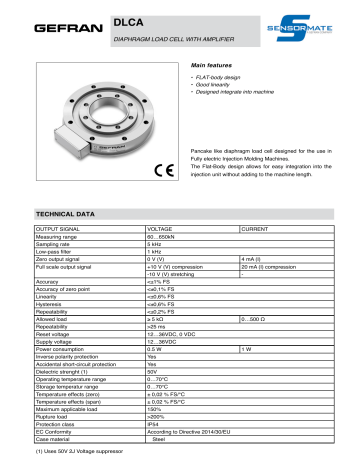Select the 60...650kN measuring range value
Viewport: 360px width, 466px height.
tap(164, 237)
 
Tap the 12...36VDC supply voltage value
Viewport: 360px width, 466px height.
tap(165, 340)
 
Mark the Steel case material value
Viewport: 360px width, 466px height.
tap(158, 436)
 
